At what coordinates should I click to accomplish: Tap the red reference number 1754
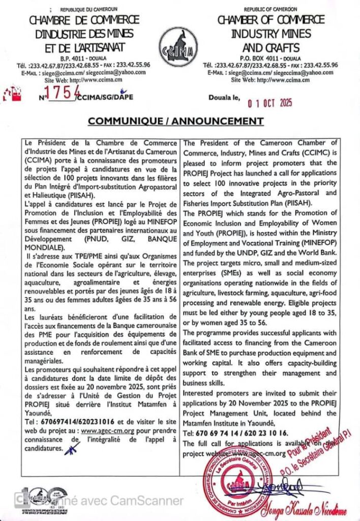point(60,92)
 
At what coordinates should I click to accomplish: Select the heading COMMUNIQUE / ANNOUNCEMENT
point(176,121)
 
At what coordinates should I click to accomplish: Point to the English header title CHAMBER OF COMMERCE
point(271,21)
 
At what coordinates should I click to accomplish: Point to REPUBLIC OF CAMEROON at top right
point(271,10)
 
